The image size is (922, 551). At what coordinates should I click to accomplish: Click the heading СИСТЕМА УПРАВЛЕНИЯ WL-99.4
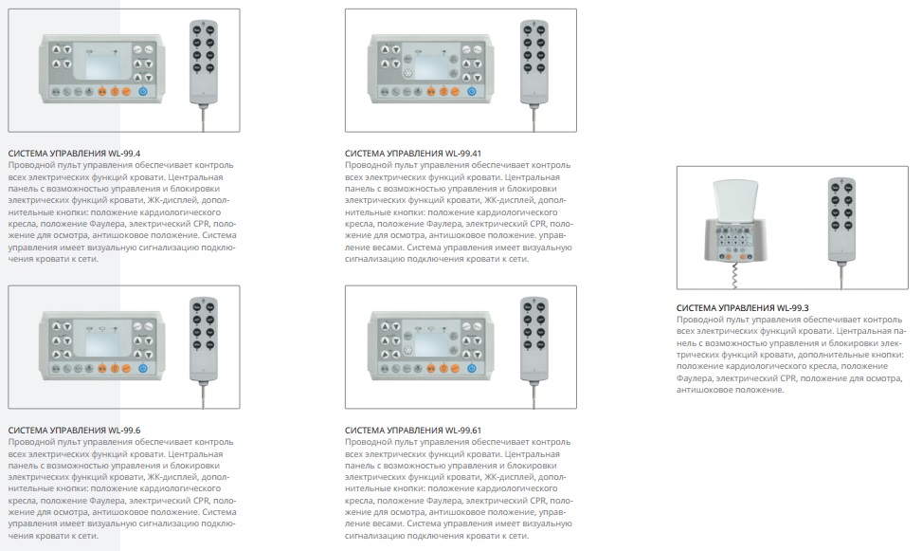tap(74, 154)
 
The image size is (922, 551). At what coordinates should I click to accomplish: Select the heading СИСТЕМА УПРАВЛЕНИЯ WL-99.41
tap(413, 154)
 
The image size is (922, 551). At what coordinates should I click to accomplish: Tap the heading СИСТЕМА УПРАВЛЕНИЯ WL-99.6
tap(74, 431)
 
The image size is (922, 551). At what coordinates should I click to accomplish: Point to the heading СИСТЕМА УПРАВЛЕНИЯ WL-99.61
tap(413, 431)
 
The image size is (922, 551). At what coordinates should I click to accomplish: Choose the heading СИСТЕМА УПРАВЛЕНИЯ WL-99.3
tap(743, 308)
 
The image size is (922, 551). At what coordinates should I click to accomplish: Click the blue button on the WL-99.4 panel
tap(143, 91)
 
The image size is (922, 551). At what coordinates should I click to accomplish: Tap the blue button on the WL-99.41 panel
tap(471, 91)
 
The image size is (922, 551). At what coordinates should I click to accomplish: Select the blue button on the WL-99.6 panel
tap(143, 369)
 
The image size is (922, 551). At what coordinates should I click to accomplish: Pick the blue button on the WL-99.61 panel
tap(471, 369)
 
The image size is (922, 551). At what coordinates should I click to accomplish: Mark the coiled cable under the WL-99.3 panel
tap(734, 275)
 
